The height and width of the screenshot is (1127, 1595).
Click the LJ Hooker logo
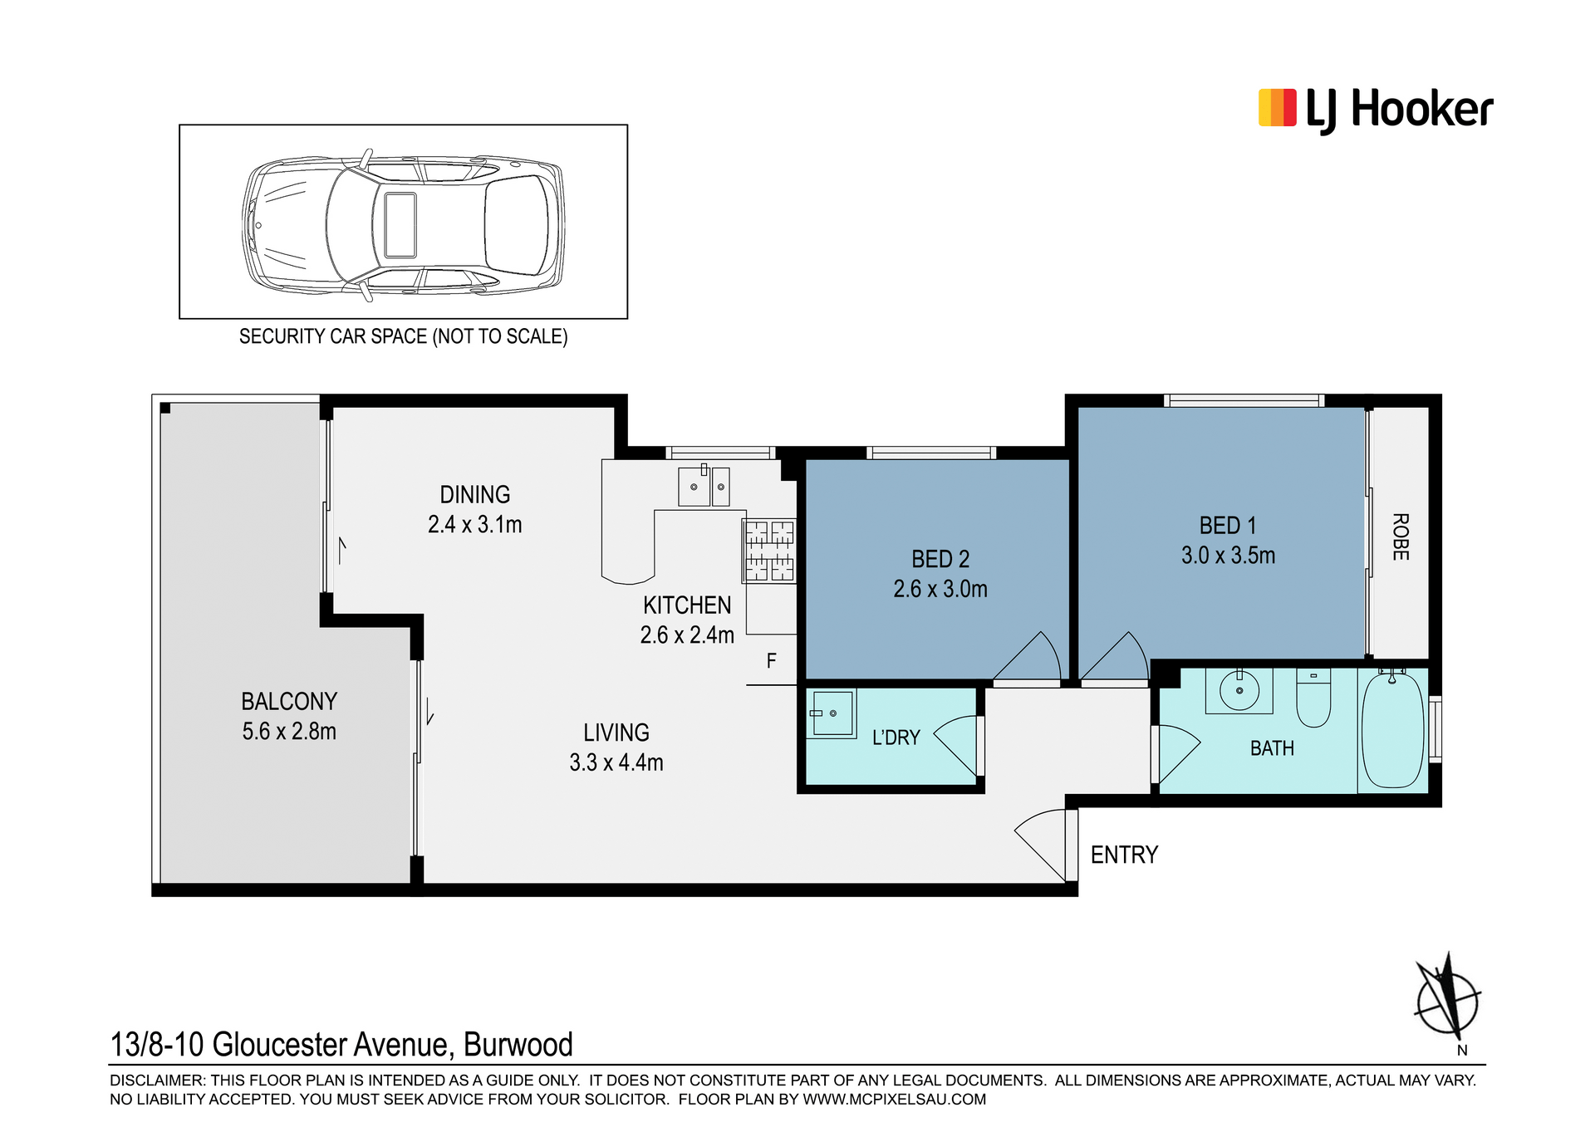[x=1376, y=110]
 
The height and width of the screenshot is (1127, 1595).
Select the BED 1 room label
[x=1228, y=526]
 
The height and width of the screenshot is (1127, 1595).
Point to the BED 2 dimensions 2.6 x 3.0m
[x=940, y=590]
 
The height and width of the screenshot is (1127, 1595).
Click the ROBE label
[x=1400, y=537]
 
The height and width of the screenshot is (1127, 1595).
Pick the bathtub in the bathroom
[x=1393, y=730]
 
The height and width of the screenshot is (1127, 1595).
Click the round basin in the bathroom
[x=1239, y=690]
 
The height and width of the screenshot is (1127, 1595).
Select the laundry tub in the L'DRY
[x=833, y=713]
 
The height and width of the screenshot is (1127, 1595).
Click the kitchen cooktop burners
[x=769, y=550]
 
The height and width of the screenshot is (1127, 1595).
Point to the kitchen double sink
[x=704, y=486]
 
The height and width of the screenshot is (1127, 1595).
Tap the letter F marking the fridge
[x=772, y=661]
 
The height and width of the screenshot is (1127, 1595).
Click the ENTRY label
[x=1124, y=855]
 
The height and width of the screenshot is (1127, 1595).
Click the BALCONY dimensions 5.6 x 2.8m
[x=289, y=732]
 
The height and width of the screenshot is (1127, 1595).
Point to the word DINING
[x=475, y=495]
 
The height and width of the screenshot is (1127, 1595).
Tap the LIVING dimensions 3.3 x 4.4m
[x=616, y=762]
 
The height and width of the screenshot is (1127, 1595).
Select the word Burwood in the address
[x=518, y=1045]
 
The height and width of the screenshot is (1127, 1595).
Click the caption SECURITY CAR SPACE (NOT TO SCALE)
[x=404, y=337]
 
